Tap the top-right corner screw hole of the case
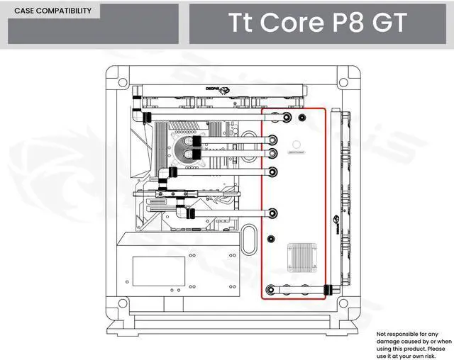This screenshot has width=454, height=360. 345,75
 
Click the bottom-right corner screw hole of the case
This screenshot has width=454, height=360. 345,305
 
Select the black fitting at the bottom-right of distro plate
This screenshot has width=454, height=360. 328,289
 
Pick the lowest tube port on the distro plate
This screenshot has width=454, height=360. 271,289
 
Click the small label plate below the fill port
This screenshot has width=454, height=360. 296,152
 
